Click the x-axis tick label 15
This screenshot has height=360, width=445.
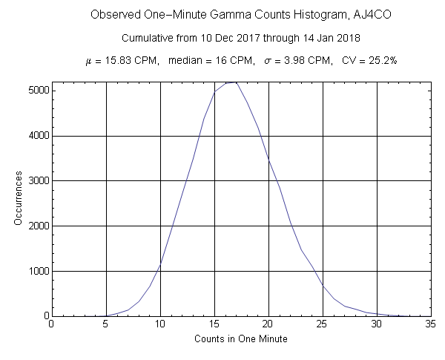[214, 324]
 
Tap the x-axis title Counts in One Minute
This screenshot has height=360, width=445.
[241, 338]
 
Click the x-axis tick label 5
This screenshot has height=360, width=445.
[106, 324]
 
